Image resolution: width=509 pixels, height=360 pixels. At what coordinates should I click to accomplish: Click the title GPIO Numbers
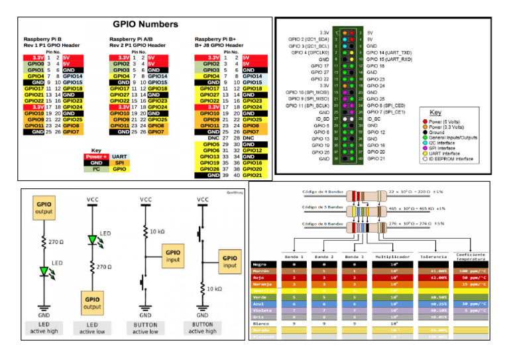tap(145, 24)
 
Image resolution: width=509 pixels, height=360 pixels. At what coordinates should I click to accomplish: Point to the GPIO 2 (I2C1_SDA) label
tap(308, 38)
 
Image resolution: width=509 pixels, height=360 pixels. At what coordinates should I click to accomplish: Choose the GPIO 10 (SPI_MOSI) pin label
tap(308, 92)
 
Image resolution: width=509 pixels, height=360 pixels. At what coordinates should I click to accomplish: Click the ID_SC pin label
tap(374, 119)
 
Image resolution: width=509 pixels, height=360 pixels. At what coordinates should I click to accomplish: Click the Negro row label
tap(262, 264)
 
